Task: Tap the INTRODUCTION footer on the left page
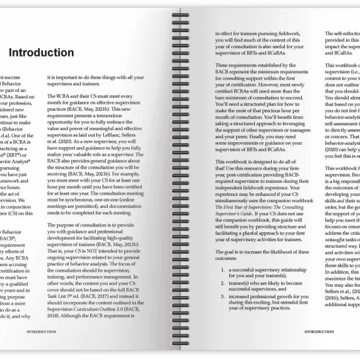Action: (41, 331)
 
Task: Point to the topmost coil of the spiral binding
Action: (180, 14)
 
